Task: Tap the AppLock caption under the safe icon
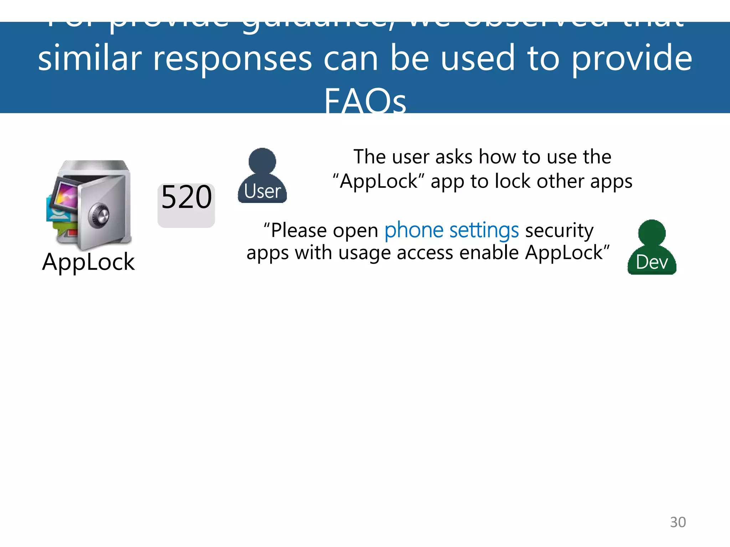pyautogui.click(x=88, y=262)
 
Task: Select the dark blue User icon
pyautogui.click(x=262, y=177)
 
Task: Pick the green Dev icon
pyautogui.click(x=652, y=248)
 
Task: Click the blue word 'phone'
pyautogui.click(x=414, y=230)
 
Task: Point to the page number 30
pyautogui.click(x=678, y=522)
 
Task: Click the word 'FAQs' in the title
pyautogui.click(x=365, y=101)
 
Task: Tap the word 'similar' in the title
pyautogui.click(x=90, y=58)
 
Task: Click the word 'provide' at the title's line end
pyautogui.click(x=632, y=58)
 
